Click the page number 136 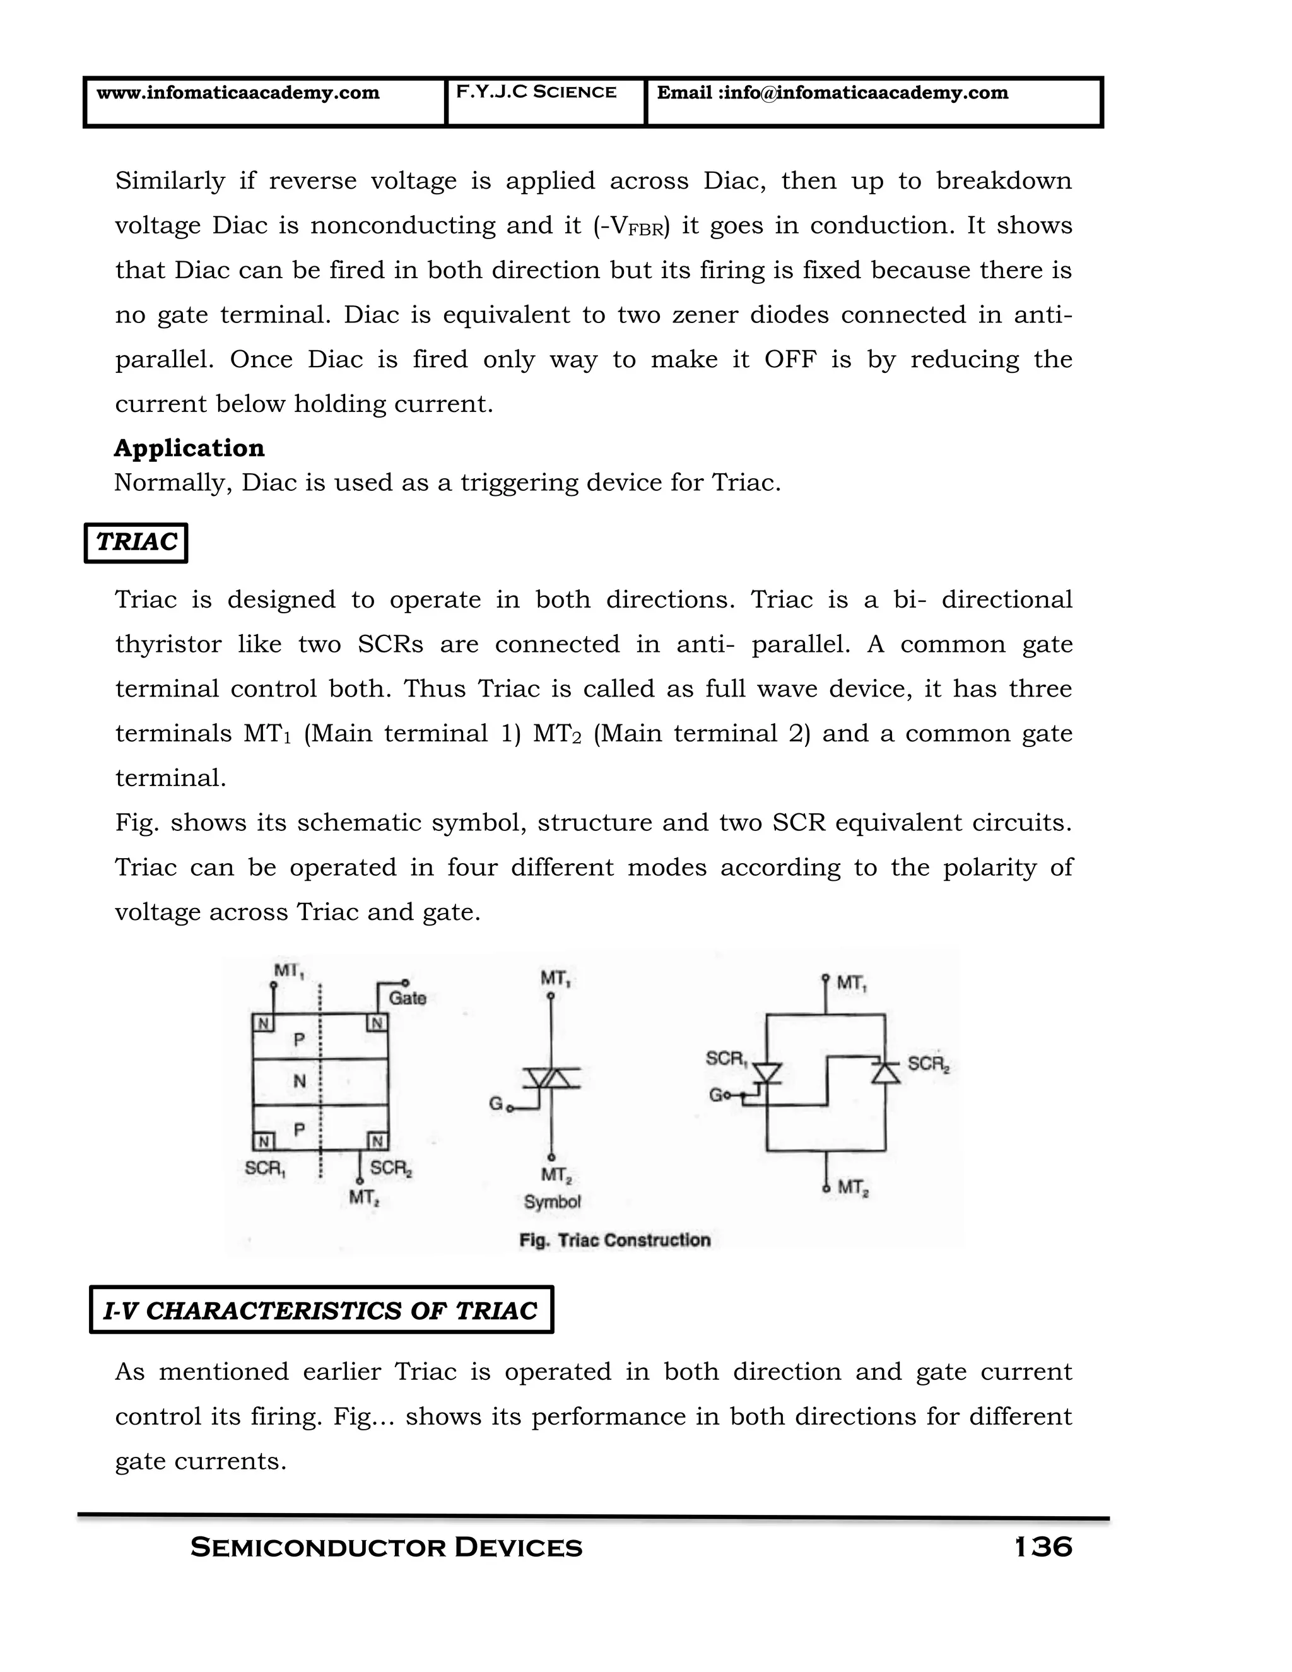(x=1043, y=1546)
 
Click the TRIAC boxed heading (x=136, y=542)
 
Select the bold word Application (x=189, y=448)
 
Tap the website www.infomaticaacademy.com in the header (x=237, y=93)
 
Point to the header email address (x=832, y=93)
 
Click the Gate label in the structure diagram (x=406, y=998)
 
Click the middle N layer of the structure (x=299, y=1081)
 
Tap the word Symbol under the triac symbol (x=552, y=1202)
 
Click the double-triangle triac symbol (x=552, y=1078)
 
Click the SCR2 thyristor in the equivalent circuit (x=886, y=1072)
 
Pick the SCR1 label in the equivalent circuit (x=725, y=1059)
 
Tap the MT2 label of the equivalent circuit (x=852, y=1187)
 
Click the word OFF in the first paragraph (x=790, y=359)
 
